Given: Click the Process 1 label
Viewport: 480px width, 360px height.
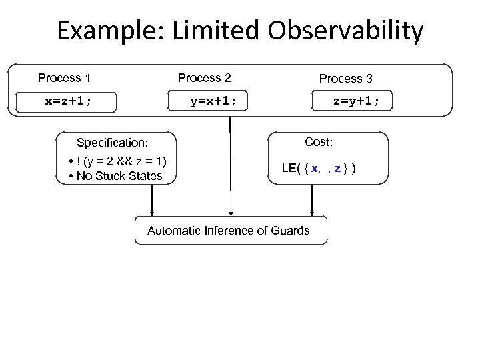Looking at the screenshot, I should tap(64, 78).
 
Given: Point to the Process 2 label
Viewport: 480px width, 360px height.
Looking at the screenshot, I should tap(204, 78).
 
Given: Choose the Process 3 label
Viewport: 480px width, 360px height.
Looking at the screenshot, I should tap(345, 79).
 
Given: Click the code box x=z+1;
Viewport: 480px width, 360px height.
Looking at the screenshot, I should tap(69, 101).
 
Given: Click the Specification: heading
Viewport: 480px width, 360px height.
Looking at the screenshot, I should tap(112, 143).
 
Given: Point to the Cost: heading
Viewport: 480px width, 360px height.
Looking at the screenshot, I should tap(319, 142).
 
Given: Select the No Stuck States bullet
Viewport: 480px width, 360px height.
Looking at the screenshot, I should tap(118, 176).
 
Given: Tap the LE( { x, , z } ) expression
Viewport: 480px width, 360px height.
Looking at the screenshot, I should tap(319, 168).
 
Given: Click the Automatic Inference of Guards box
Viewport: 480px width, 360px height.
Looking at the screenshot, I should tap(228, 231).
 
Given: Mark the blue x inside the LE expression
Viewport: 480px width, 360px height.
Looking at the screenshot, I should tap(315, 168).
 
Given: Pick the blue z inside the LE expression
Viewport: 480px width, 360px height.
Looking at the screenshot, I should tap(338, 168).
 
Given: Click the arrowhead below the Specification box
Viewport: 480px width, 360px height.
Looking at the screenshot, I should tap(152, 212).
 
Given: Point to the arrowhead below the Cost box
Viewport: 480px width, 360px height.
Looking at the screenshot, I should tap(311, 212).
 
